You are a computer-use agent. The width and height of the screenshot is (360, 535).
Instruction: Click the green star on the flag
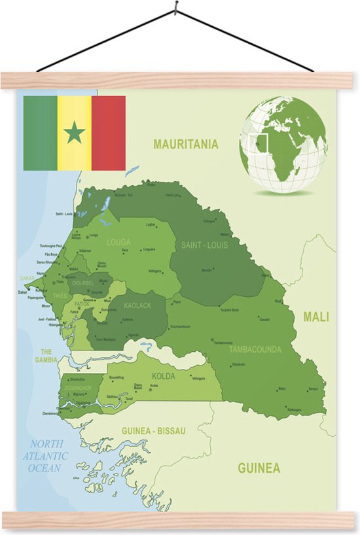(x=74, y=133)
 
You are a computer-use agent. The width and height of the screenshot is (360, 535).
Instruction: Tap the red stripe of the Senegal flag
(x=108, y=133)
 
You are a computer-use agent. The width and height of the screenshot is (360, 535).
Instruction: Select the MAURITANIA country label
(x=185, y=145)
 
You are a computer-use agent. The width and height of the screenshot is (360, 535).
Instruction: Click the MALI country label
(x=315, y=317)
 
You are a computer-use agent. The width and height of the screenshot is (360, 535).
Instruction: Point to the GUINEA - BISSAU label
(x=154, y=431)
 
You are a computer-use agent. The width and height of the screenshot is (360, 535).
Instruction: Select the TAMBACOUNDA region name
(x=255, y=349)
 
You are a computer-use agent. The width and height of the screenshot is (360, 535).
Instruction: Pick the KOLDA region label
(x=163, y=377)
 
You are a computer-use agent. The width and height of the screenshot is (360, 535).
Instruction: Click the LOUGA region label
(x=118, y=241)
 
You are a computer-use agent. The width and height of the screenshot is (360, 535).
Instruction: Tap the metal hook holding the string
(x=175, y=9)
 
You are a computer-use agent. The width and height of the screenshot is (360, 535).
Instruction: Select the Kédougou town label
(x=294, y=409)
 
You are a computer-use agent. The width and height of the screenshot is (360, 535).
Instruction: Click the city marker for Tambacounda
(x=213, y=339)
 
